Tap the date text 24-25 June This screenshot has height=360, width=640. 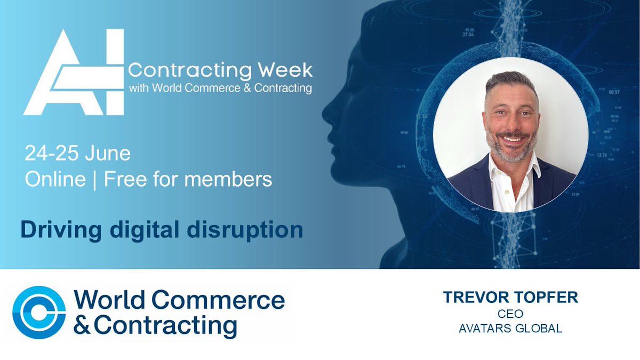pyautogui.click(x=77, y=154)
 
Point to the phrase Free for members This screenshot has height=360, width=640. pyautogui.click(x=188, y=179)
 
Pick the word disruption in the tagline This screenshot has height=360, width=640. pyautogui.click(x=257, y=229)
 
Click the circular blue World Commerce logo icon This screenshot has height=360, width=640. pyautogui.click(x=38, y=313)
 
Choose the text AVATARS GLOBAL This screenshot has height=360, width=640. pyautogui.click(x=510, y=329)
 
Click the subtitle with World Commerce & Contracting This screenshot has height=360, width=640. pyautogui.click(x=220, y=88)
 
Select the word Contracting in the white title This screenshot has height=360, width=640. pyautogui.click(x=189, y=70)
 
